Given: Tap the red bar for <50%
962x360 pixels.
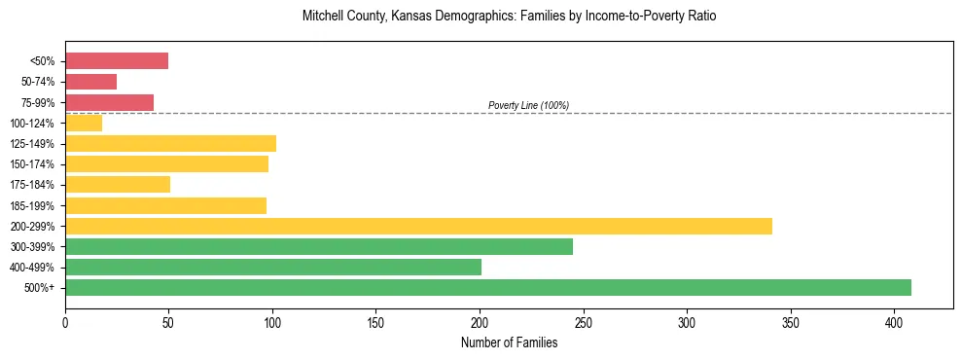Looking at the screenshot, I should (117, 61).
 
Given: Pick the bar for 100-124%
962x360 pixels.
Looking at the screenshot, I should (84, 123).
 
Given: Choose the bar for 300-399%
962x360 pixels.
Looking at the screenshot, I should (319, 246).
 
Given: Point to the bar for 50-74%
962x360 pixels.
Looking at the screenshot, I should (91, 82).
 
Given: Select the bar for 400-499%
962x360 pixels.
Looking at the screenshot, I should (273, 267).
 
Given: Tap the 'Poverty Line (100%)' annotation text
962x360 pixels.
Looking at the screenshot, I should (528, 105).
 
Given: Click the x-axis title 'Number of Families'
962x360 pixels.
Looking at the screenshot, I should (509, 342).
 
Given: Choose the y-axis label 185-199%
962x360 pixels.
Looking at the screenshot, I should (36, 206).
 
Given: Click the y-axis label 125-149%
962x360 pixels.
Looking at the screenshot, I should (36, 144).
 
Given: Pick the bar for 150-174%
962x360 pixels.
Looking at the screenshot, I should (166, 164).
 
